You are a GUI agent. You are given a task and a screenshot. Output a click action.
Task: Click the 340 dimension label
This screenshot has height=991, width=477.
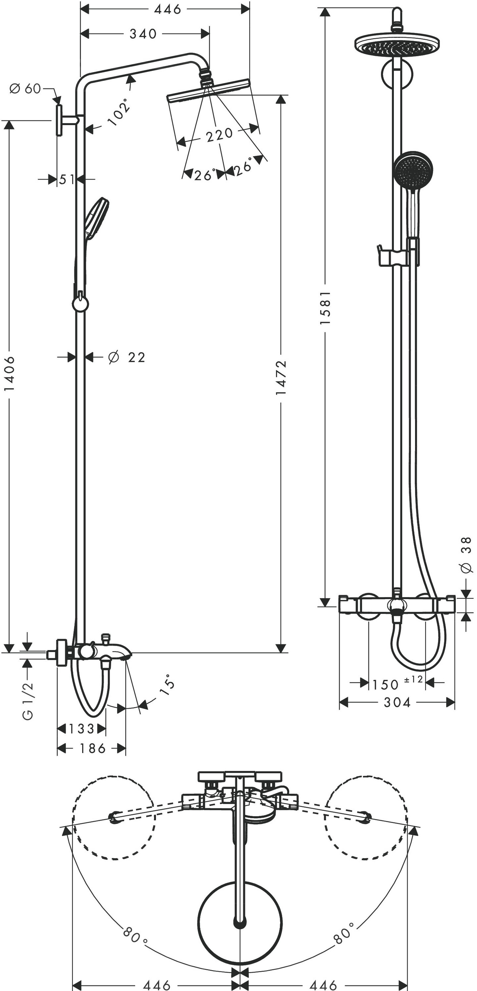tap(143, 34)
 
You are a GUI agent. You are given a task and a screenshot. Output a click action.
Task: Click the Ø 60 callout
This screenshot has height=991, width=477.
tap(26, 89)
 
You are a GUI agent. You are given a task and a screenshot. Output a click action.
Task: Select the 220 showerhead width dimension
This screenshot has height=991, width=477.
tap(219, 135)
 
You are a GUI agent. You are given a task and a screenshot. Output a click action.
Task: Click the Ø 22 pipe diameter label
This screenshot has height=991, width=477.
tap(127, 357)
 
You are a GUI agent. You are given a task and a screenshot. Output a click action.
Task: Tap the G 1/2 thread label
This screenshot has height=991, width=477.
tap(28, 701)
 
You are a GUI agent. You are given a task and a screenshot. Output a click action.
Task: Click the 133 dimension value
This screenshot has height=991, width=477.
tap(81, 729)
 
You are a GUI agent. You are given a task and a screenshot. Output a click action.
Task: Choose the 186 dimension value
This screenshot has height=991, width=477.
tap(92, 748)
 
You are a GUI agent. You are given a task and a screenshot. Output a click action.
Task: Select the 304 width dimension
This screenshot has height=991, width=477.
tap(397, 702)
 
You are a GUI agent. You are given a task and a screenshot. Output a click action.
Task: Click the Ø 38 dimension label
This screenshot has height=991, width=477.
tap(466, 555)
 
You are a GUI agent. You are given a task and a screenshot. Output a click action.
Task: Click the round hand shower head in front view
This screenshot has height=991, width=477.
tap(413, 169)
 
